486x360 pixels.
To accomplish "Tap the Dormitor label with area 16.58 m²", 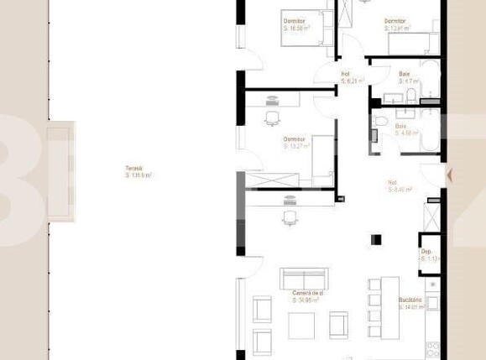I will tap(293, 20).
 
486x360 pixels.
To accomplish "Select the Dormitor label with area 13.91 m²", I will tap(396, 20).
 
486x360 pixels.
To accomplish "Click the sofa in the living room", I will tap(303, 278).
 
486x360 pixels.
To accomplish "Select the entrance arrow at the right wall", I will tap(451, 175).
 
